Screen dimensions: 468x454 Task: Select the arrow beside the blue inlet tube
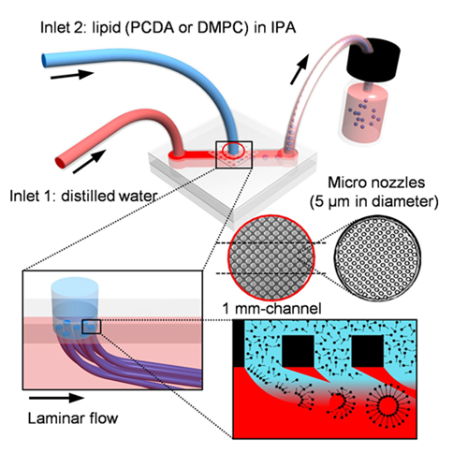(x=72, y=75)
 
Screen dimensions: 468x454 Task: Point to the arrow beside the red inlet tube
(x=89, y=161)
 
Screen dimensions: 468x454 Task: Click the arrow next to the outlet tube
(x=300, y=69)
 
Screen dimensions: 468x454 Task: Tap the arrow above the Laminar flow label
(x=56, y=398)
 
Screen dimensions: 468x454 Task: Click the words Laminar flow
(x=73, y=418)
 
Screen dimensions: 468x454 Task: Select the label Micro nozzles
(x=376, y=183)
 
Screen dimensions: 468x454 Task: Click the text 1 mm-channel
(x=271, y=309)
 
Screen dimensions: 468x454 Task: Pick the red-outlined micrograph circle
(x=271, y=258)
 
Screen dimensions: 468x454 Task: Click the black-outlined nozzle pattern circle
(x=376, y=257)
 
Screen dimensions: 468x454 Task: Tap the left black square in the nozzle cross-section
(x=298, y=351)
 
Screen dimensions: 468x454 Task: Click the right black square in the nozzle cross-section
(x=367, y=351)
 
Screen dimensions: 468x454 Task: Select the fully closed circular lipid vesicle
(x=388, y=405)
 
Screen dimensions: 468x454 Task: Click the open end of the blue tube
(x=44, y=60)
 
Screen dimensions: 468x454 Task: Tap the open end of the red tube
(x=60, y=162)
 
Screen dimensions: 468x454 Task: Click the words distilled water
(x=109, y=197)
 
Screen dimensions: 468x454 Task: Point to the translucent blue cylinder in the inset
(x=75, y=306)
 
